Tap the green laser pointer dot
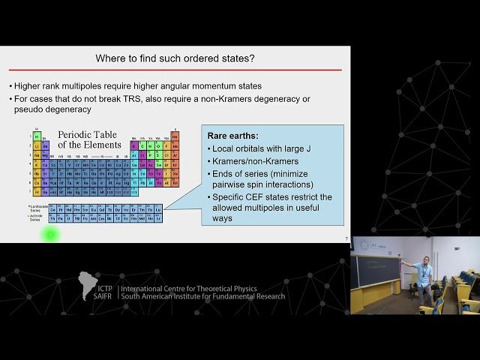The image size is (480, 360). pyautogui.click(x=50, y=234)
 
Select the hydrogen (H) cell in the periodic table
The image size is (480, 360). pyautogui.click(x=36, y=136)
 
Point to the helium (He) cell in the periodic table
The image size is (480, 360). pyautogui.click(x=175, y=136)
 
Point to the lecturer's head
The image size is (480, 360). pyautogui.click(x=425, y=261)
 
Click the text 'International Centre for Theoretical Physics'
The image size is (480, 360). pyautogui.click(x=188, y=289)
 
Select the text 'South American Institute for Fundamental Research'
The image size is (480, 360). pyautogui.click(x=202, y=297)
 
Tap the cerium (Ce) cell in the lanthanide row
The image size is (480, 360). pyautogui.click(x=53, y=209)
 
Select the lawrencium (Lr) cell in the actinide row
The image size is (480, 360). pyautogui.click(x=158, y=218)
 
